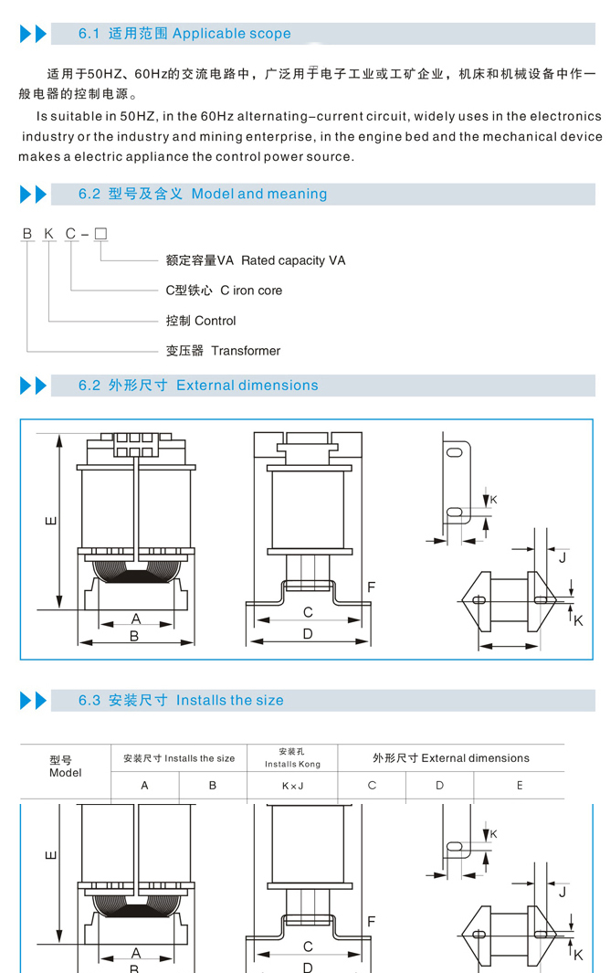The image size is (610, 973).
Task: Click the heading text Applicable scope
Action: click(231, 34)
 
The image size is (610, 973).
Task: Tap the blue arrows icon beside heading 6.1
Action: click(33, 35)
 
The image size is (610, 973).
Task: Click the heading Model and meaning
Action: click(259, 194)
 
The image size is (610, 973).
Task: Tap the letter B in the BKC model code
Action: click(27, 234)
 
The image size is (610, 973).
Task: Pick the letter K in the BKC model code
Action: click(48, 234)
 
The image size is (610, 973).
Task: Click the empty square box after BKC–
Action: click(100, 234)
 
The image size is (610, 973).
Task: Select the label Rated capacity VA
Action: click(293, 260)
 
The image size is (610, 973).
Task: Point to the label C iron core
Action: click(251, 291)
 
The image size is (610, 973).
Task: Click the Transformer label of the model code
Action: click(246, 351)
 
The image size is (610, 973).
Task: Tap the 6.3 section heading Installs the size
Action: click(230, 701)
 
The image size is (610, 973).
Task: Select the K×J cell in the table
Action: click(292, 786)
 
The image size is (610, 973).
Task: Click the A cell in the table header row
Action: click(144, 786)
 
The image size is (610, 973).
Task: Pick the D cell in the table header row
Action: click(439, 786)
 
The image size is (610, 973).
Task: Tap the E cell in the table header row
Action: click(520, 786)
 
